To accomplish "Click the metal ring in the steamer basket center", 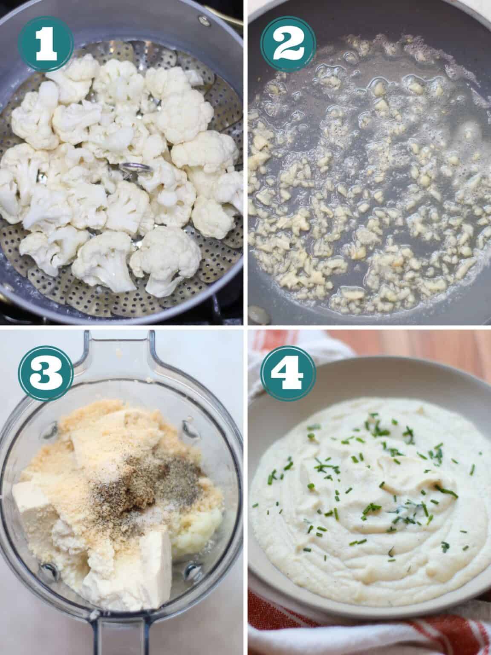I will tap(129, 169).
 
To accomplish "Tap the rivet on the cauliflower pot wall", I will tap(201, 19).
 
